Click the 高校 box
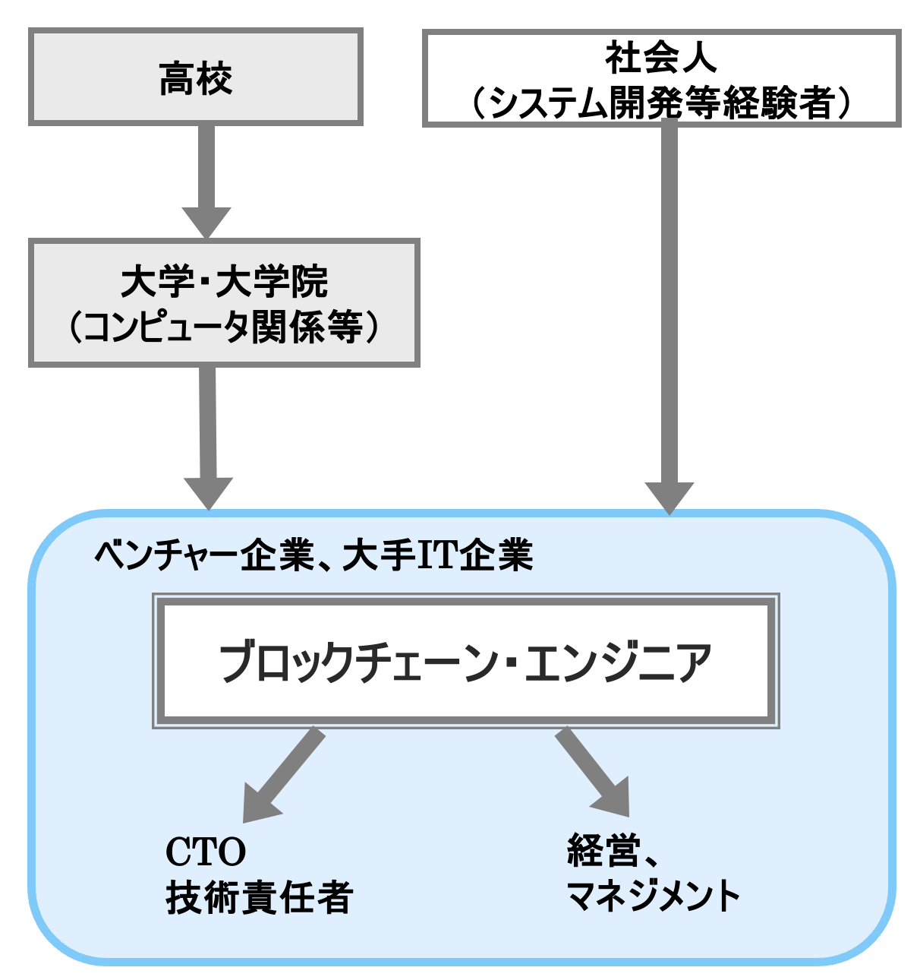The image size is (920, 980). click(x=195, y=77)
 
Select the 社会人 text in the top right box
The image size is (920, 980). click(x=660, y=58)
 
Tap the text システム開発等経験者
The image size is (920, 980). click(x=660, y=103)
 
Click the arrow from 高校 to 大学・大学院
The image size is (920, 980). click(x=206, y=179)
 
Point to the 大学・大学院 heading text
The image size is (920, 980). click(x=224, y=282)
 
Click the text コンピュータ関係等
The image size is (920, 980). click(x=224, y=327)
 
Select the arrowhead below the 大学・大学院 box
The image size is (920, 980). click(x=208, y=492)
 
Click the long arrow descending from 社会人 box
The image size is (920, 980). click(x=669, y=304)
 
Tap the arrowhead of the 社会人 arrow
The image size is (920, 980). click(x=669, y=497)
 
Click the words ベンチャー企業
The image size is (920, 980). click(x=203, y=555)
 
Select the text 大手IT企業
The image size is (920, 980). click(x=438, y=555)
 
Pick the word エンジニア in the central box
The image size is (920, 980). click(x=618, y=662)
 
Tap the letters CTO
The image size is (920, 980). click(x=206, y=852)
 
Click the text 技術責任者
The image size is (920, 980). click(x=259, y=897)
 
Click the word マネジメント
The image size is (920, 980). click(x=653, y=896)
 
